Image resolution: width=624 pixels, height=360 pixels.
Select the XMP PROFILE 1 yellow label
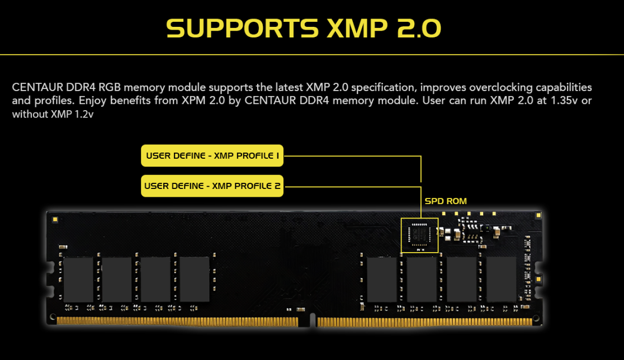pos(212,156)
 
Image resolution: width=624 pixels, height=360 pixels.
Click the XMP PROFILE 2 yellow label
pos(212,186)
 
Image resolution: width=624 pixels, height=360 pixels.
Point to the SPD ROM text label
pos(446,201)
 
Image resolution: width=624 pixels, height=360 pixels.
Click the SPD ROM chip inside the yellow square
pos(420,235)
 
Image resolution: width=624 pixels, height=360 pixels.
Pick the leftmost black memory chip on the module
pos(78,279)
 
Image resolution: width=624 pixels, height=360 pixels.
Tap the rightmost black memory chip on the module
pos(501,279)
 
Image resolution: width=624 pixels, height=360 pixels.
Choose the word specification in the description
pos(380,88)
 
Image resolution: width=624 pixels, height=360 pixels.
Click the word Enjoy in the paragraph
pos(94,101)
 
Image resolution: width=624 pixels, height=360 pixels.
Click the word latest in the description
pos(289,88)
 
